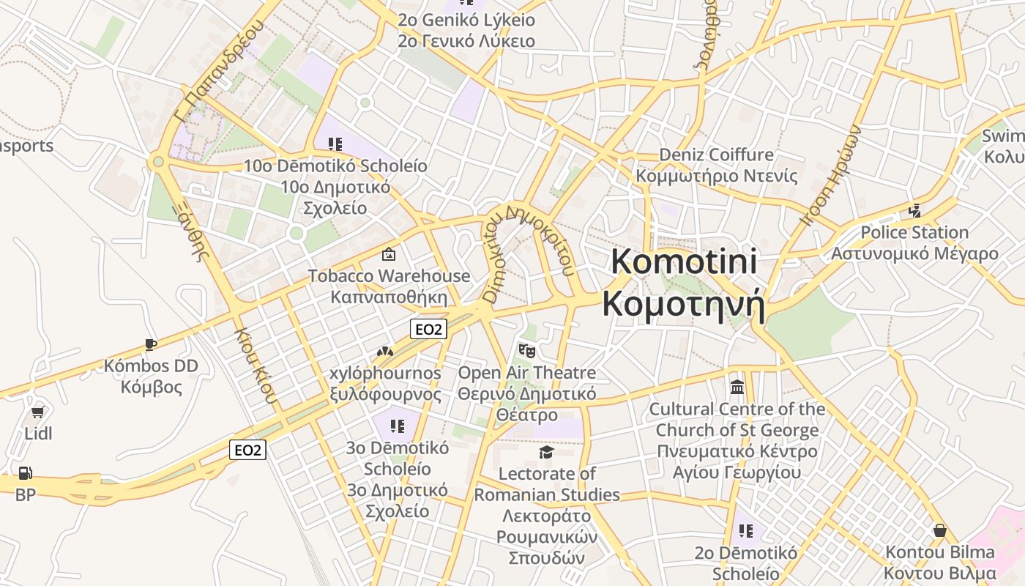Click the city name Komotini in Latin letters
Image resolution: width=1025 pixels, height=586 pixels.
[x=684, y=262]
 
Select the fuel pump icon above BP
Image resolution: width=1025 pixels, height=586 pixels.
[x=26, y=474]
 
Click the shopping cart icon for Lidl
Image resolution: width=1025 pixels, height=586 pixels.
[x=38, y=412]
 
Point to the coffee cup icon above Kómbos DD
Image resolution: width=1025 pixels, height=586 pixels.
[x=151, y=344]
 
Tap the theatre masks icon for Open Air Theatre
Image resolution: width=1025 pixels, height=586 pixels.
[x=526, y=351]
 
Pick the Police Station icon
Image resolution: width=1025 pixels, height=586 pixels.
[x=914, y=211]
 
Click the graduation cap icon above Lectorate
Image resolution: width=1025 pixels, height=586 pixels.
[x=546, y=452]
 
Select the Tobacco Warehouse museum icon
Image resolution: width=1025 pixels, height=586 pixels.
[x=389, y=254]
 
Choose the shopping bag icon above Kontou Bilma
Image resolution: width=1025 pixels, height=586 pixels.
[x=940, y=530]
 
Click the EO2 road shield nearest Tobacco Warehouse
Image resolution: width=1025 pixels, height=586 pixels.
[x=428, y=330]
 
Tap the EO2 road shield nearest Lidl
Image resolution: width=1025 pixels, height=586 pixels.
[x=247, y=450]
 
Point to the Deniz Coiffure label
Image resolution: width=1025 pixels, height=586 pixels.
[x=717, y=155]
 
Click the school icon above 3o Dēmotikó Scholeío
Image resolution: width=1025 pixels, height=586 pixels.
[x=398, y=426]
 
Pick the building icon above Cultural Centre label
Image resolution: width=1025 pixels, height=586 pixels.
[x=737, y=387]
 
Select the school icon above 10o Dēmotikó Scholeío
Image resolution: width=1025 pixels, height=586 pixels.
[x=335, y=144]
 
